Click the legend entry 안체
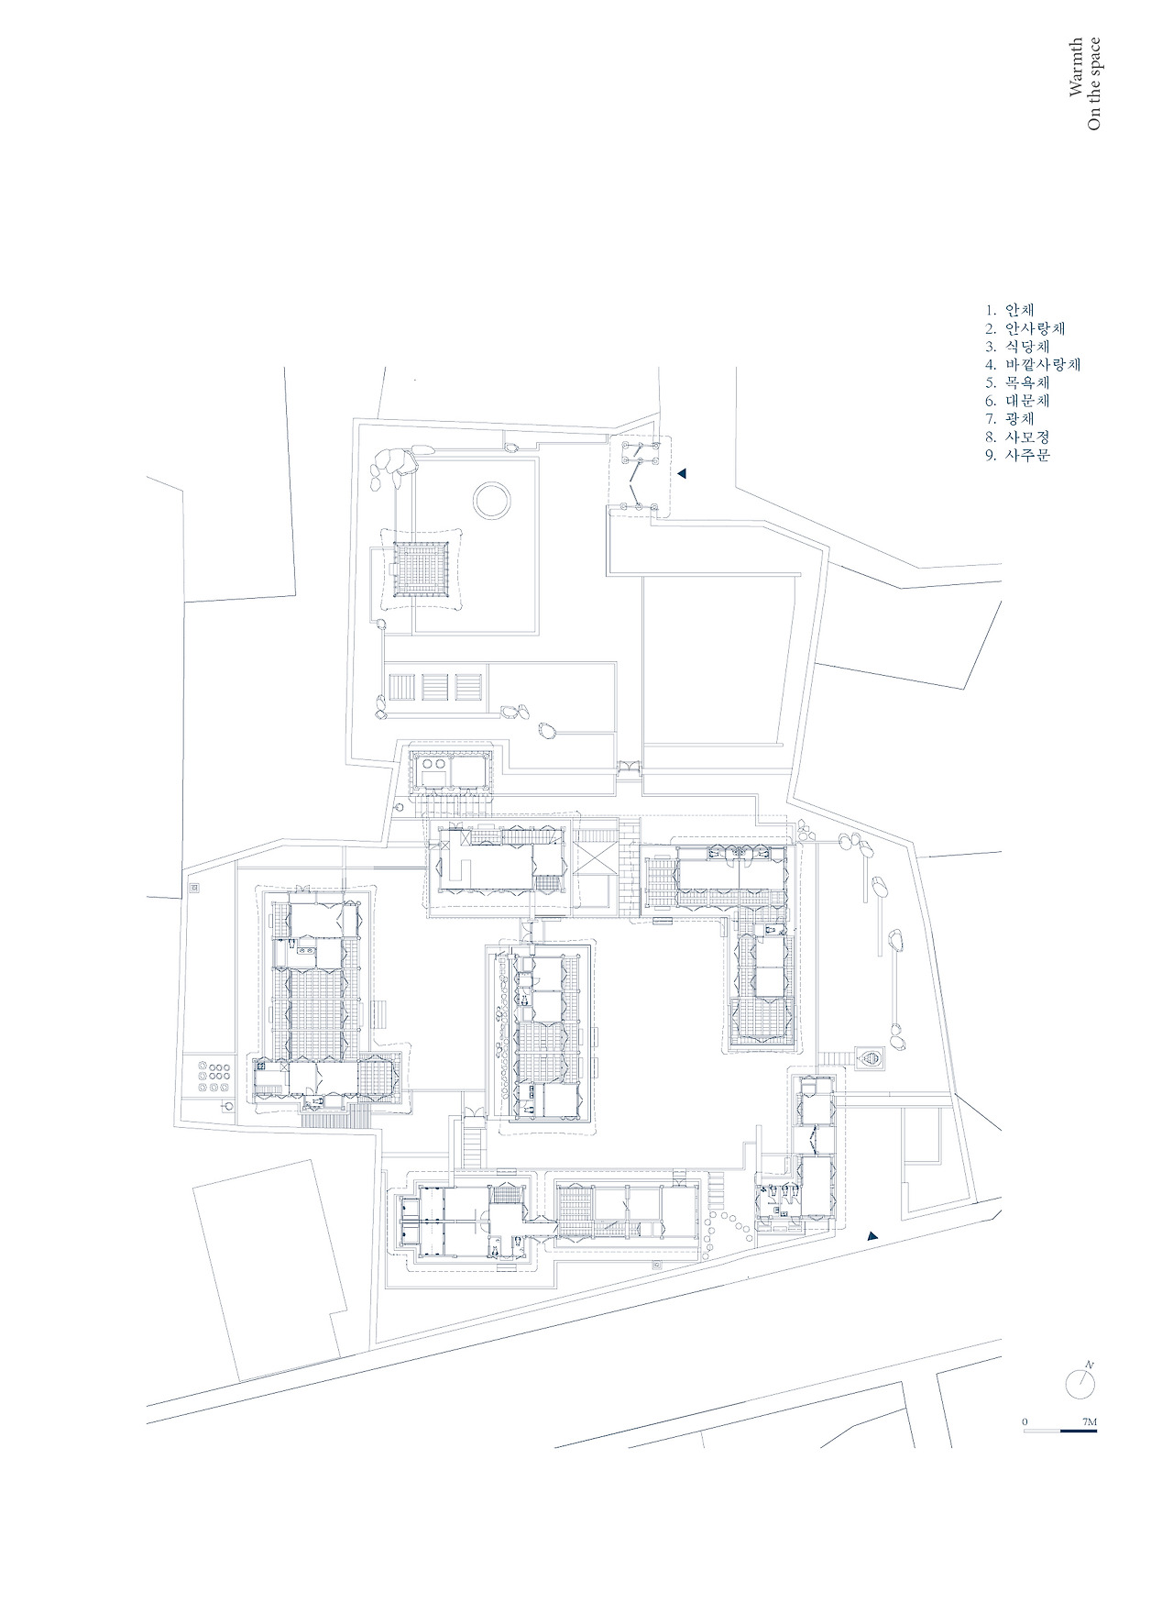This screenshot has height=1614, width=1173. pos(1019,310)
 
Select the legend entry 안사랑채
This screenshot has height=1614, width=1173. pos(1035,328)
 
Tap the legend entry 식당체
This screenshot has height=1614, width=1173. pos(1027,347)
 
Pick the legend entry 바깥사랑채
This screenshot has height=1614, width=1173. pos(1043,364)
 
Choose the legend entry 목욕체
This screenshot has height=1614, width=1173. pos(1027,382)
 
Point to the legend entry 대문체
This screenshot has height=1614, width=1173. pos(1027,401)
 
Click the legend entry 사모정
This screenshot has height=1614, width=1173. pos(1027,437)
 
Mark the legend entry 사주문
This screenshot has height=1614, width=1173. pos(1027,455)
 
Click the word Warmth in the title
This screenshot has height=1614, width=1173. pos(1076,68)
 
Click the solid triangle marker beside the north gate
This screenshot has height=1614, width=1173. pos(682,473)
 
